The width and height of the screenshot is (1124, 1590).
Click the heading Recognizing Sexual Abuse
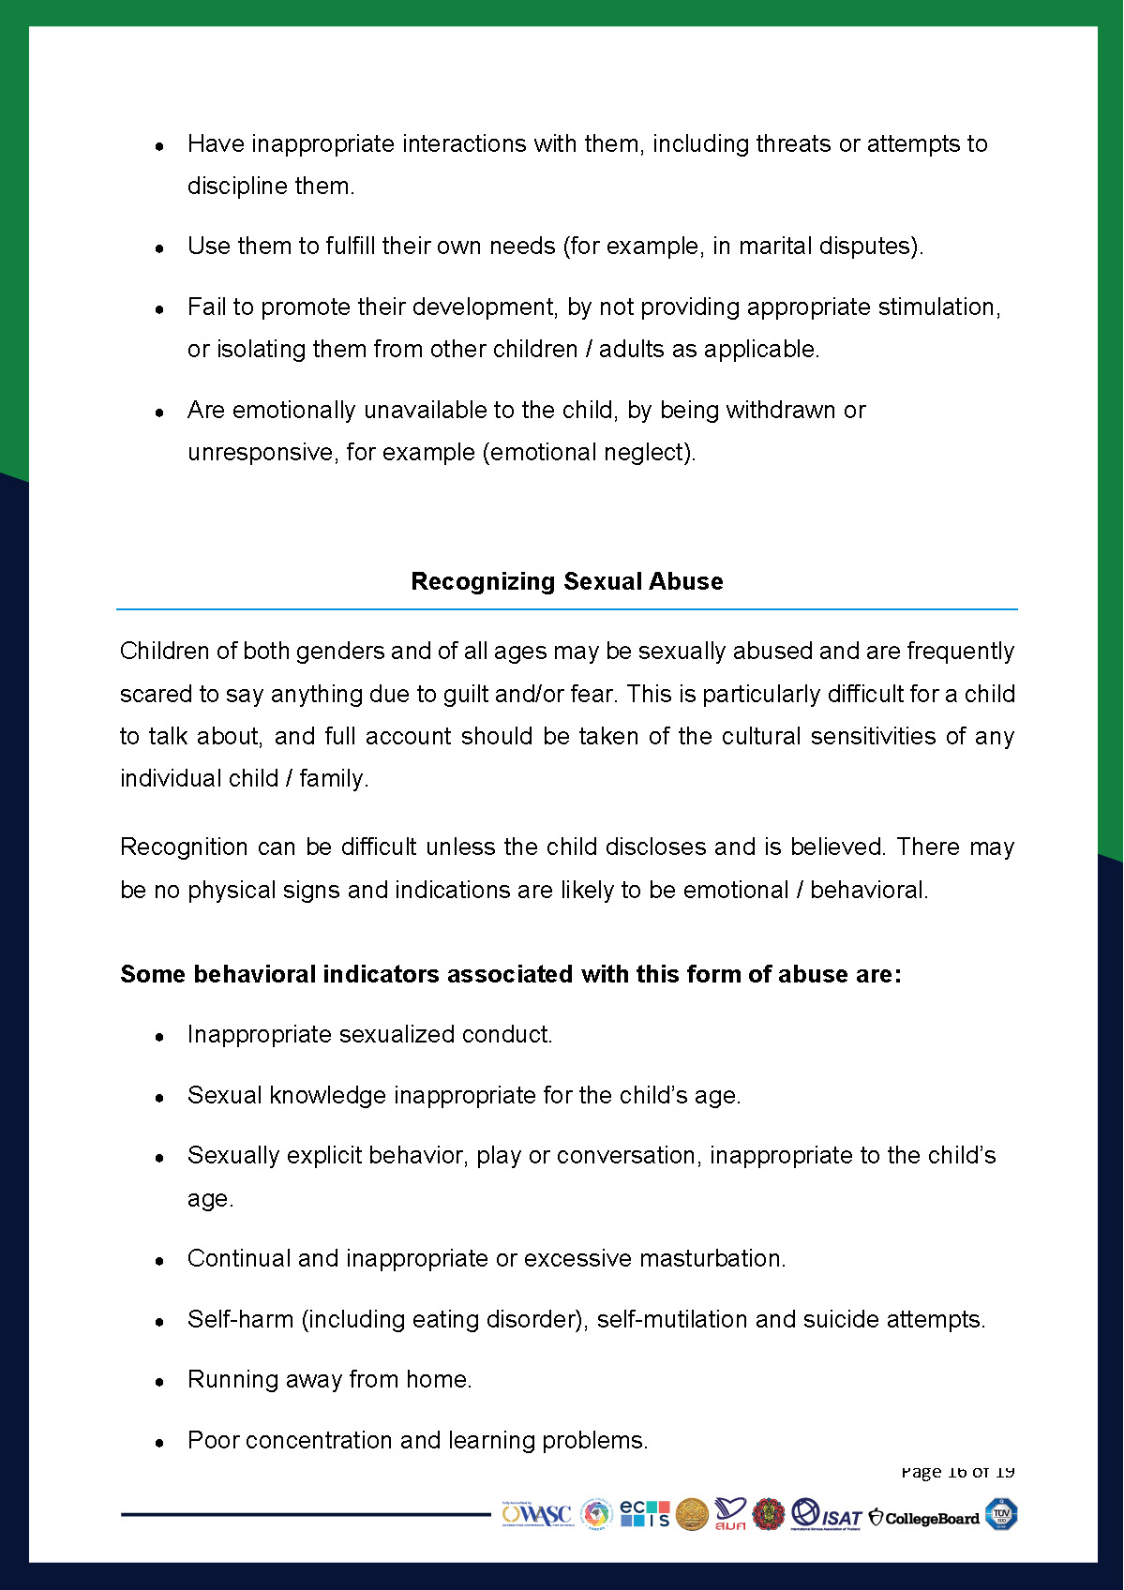point(566,581)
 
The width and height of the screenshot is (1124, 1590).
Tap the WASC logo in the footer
point(537,1514)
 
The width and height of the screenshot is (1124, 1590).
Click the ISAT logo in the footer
point(826,1514)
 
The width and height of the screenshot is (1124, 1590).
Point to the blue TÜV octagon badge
point(1001,1514)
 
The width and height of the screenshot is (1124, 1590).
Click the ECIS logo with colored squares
point(645,1513)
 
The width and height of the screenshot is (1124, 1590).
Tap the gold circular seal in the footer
point(692,1514)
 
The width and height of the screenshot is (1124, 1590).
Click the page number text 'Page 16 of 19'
point(957,1472)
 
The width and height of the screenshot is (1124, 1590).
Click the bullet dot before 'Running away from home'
point(160,1382)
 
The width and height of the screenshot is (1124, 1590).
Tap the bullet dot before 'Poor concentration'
point(160,1443)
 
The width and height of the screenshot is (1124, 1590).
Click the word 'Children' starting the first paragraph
point(165,652)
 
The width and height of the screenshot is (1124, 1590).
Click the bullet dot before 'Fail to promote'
point(160,309)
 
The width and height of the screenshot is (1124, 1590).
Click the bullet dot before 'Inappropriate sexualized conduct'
point(160,1037)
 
